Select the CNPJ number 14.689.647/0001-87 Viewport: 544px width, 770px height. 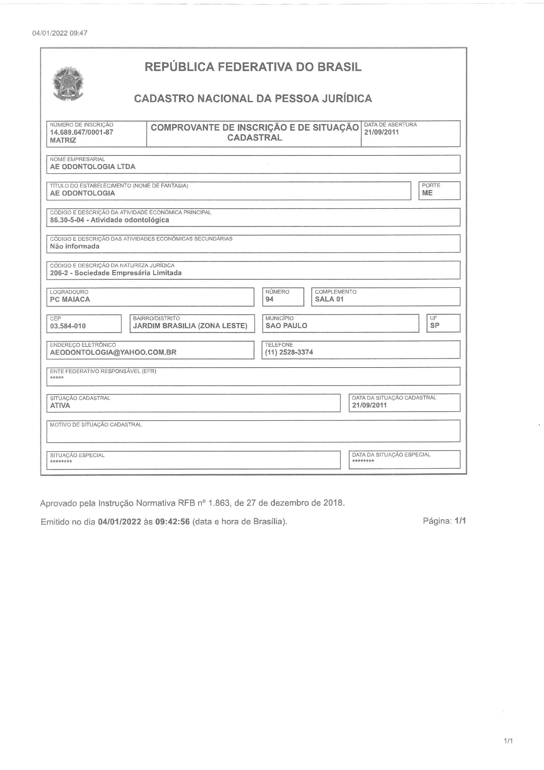[81, 132]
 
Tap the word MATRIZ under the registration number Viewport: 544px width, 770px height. [63, 140]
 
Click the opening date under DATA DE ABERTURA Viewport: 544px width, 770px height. [381, 132]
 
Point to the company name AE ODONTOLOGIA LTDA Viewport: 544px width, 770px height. [92, 167]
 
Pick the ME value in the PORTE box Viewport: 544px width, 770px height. [427, 193]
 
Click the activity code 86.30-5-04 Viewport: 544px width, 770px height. [67, 220]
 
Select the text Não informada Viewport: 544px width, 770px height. [74, 246]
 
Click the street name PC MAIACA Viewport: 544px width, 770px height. [70, 299]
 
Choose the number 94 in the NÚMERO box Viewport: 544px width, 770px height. [270, 299]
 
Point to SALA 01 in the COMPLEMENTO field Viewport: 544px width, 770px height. [329, 299]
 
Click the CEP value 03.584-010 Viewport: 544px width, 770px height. [68, 326]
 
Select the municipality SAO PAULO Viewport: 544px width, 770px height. [286, 325]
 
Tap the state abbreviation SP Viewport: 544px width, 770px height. [435, 325]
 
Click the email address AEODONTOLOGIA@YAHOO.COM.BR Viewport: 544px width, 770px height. [113, 352]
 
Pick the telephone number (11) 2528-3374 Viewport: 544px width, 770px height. [289, 352]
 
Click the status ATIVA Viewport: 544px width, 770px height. [60, 405]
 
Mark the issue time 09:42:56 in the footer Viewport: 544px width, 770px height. [173, 521]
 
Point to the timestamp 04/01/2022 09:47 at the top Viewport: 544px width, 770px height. [60, 33]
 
